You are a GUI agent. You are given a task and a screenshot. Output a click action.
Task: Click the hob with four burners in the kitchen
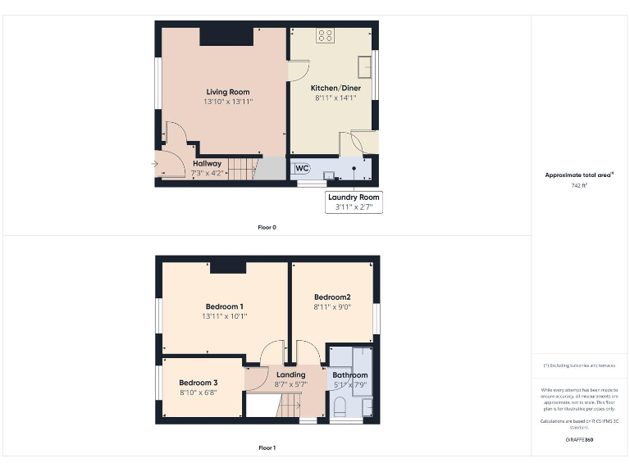[325, 35]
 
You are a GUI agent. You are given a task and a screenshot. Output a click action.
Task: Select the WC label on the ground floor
[302, 169]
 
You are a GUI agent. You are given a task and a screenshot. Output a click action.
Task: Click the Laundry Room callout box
[354, 202]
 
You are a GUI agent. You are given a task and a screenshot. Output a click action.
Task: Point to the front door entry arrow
[156, 164]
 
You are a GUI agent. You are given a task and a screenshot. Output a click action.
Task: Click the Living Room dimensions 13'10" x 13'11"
[227, 102]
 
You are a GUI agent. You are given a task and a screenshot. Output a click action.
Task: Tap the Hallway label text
[207, 164]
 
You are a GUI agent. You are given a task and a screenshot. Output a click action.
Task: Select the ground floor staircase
[243, 169]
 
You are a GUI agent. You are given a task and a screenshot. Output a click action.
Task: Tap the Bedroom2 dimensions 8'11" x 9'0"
[331, 306]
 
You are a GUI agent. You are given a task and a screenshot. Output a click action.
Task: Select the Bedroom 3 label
[199, 383]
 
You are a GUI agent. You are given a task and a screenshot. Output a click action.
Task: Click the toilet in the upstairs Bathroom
[340, 406]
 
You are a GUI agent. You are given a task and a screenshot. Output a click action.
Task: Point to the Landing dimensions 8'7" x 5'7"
[290, 384]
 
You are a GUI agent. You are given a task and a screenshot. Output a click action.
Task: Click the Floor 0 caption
[267, 227]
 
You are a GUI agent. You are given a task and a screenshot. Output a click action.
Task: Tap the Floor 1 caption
[267, 448]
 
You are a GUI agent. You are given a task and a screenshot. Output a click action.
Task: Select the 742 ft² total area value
[579, 186]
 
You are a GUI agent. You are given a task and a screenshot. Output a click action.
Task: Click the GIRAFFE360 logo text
[579, 440]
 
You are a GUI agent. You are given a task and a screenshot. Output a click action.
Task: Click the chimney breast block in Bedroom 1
[228, 266]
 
